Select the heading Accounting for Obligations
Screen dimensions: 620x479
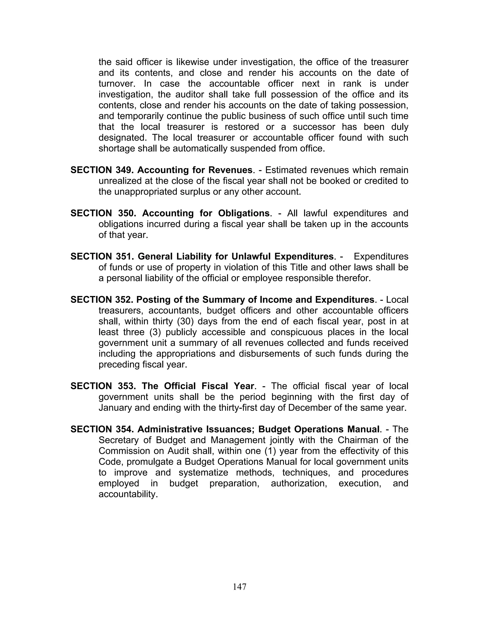click(x=205, y=213)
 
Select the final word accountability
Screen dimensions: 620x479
click(x=128, y=494)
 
